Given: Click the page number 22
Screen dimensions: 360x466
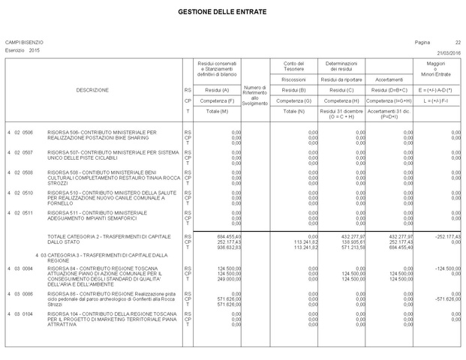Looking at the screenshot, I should click(x=458, y=41).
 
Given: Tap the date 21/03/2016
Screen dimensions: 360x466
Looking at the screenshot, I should click(x=449, y=51).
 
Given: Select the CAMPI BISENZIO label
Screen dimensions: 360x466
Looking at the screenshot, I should click(x=24, y=41).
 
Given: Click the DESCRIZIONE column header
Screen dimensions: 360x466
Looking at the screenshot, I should click(x=92, y=90).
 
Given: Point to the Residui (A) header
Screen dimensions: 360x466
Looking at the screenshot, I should click(x=217, y=90).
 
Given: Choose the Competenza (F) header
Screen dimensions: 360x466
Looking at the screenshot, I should click(x=217, y=100).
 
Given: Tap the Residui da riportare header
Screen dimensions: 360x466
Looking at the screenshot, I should click(x=341, y=79).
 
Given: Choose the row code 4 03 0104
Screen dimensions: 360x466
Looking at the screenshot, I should click(x=20, y=313).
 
